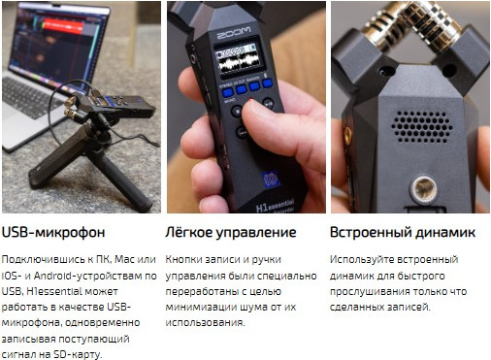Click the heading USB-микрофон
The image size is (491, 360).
53,233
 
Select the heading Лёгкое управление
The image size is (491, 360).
230,233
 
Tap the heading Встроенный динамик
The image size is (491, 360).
402,233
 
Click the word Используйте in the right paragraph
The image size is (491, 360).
361,260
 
